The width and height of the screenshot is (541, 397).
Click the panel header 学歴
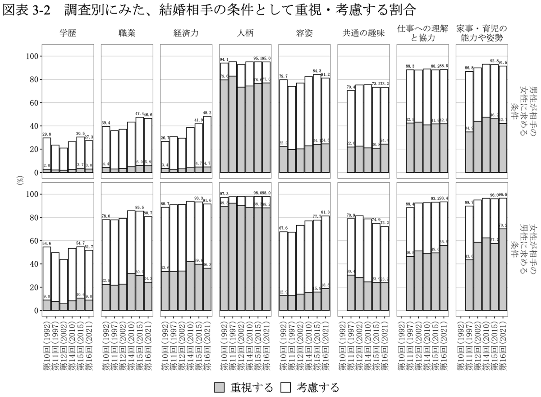click(68, 33)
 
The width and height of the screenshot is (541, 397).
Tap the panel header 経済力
click(186, 33)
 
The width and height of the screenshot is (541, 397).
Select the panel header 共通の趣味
click(363, 33)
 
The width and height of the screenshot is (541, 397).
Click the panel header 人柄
click(245, 33)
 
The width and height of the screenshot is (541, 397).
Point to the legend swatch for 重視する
click(220, 387)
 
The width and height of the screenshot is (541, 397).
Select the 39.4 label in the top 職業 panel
click(105, 123)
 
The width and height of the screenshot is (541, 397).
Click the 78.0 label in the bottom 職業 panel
click(105, 216)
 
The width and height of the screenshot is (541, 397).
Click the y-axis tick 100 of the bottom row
click(33, 194)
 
